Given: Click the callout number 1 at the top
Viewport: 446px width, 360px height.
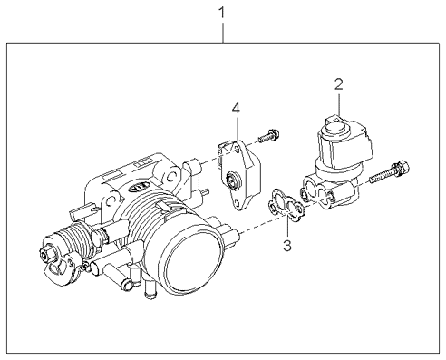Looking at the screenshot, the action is pyautogui.click(x=222, y=13).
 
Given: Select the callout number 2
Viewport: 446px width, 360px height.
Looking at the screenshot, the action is pyautogui.click(x=339, y=84).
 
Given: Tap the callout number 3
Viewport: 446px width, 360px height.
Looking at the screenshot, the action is pyautogui.click(x=287, y=245).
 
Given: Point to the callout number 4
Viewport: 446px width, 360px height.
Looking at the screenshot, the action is pyautogui.click(x=236, y=109).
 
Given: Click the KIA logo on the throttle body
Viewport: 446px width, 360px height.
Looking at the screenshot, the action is pyautogui.click(x=140, y=188).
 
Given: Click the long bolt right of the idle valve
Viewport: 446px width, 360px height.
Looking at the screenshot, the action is pyautogui.click(x=390, y=172).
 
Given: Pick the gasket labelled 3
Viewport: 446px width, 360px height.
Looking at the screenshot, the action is pyautogui.click(x=286, y=205).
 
